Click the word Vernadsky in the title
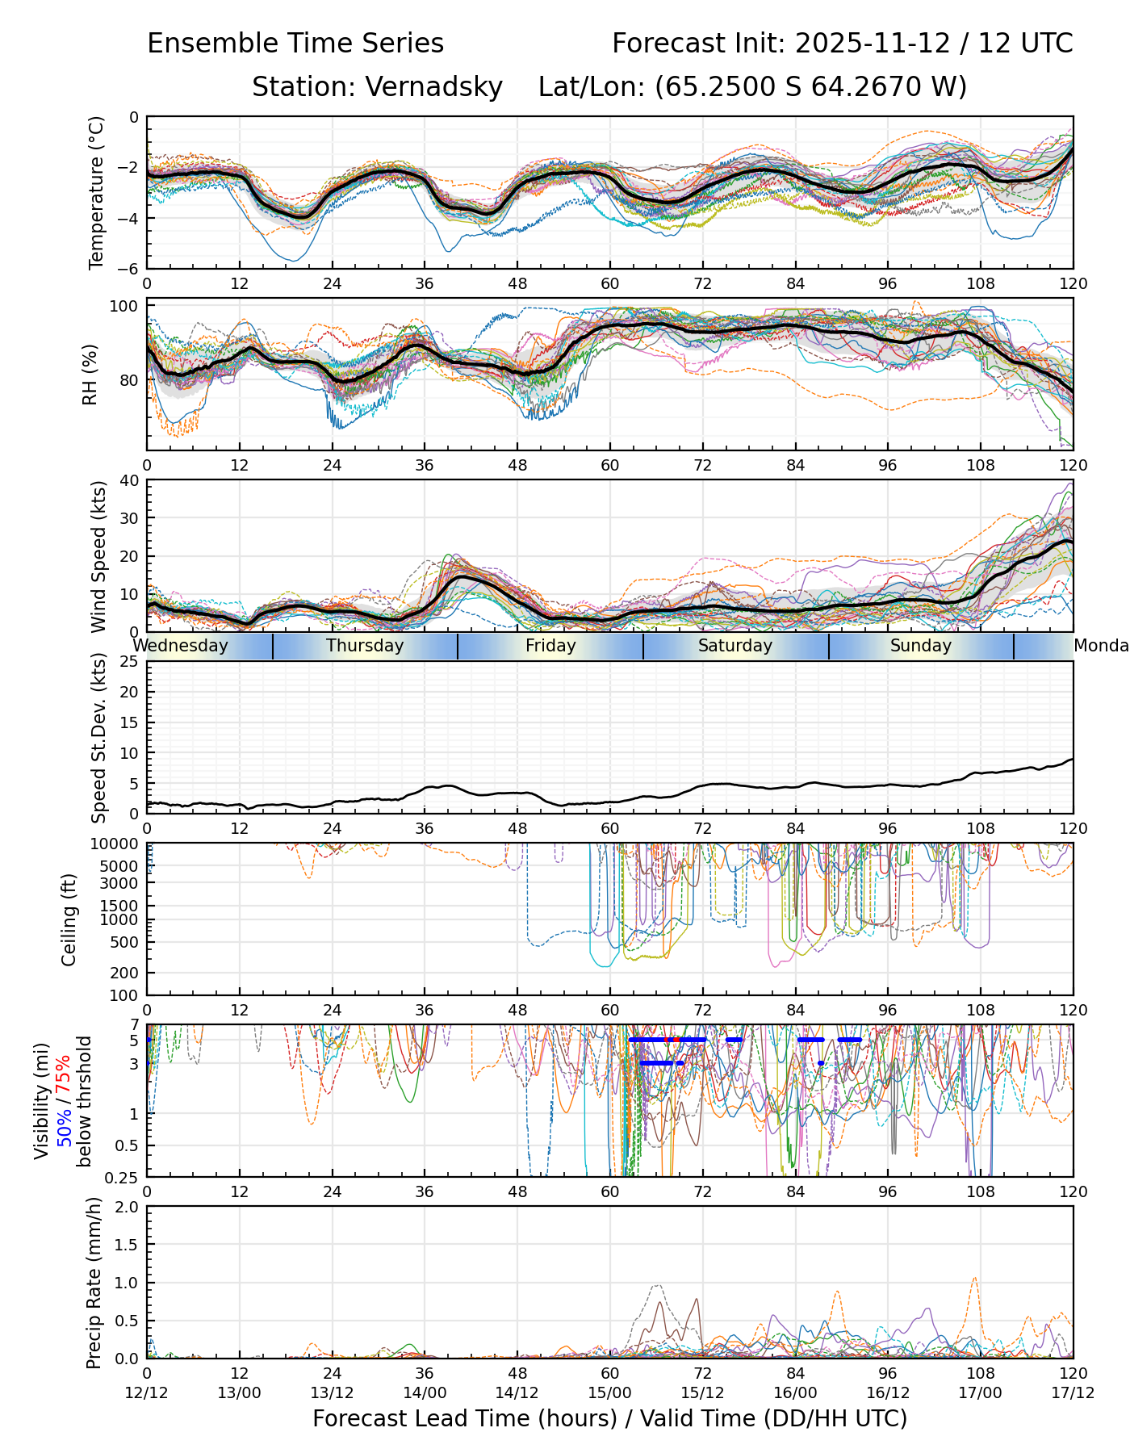[x=434, y=86]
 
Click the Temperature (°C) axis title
[x=97, y=192]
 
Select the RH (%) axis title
[x=90, y=374]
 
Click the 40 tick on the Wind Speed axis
[x=129, y=480]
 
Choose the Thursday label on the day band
[x=365, y=646]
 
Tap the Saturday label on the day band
[x=735, y=646]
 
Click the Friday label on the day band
[x=550, y=646]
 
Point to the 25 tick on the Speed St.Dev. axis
[x=129, y=662]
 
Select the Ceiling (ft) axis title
[x=69, y=919]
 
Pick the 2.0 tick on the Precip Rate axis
[x=128, y=1207]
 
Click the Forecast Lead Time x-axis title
[x=609, y=1418]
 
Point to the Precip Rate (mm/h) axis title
[x=94, y=1282]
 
